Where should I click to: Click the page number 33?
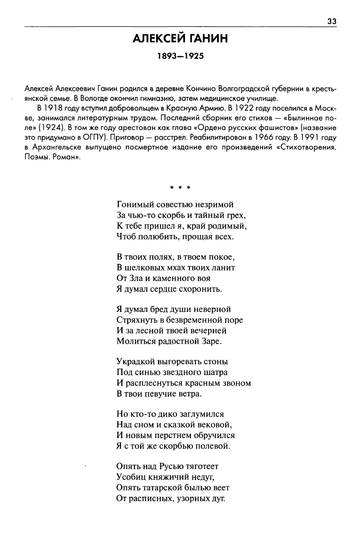332,22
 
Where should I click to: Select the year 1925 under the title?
193,56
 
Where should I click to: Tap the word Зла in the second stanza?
134,279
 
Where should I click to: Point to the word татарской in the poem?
165,488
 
